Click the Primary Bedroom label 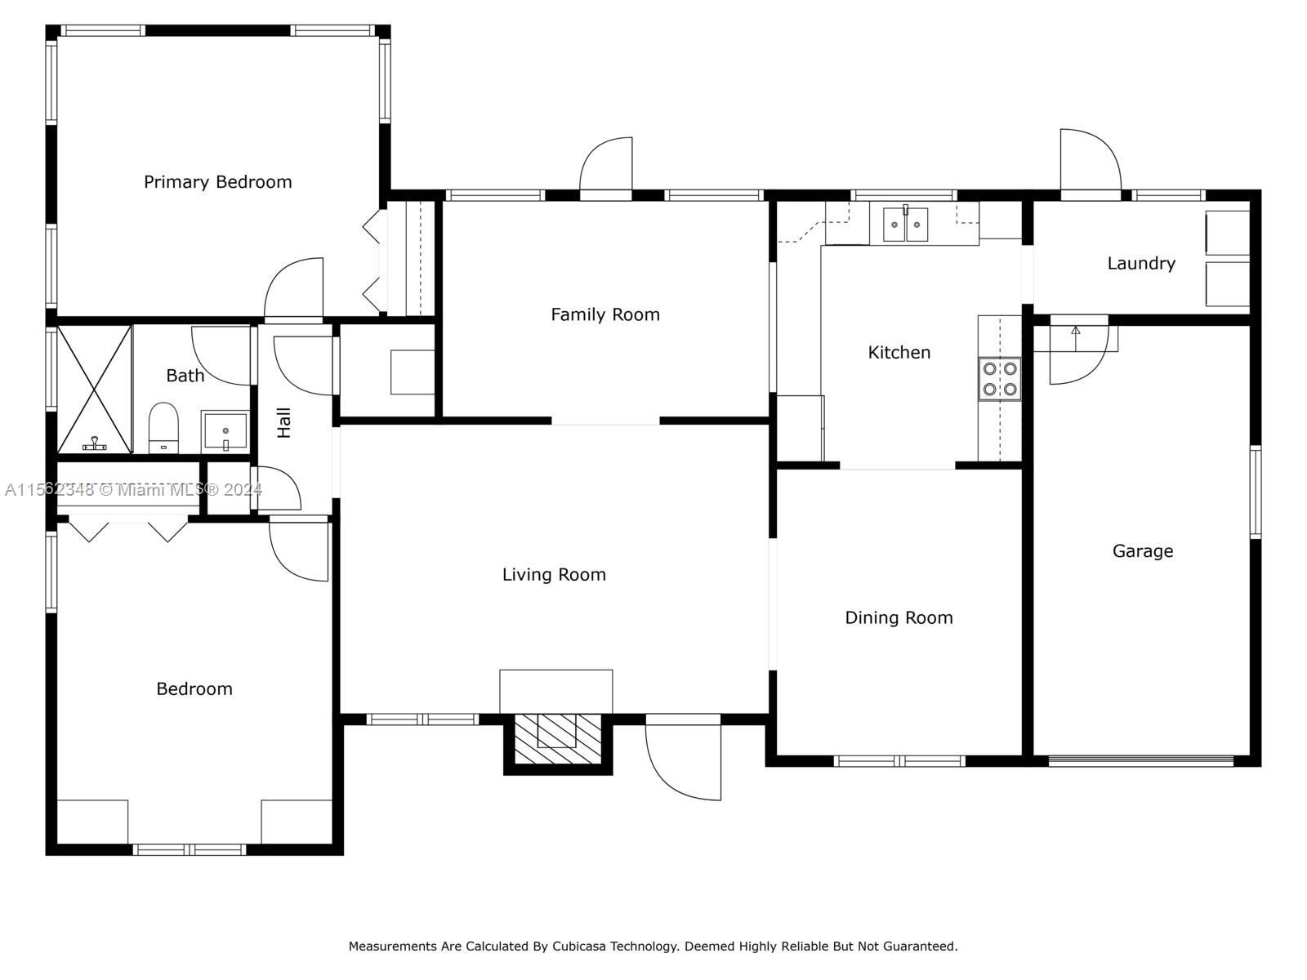pyautogui.click(x=218, y=182)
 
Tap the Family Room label pyautogui.click(x=605, y=314)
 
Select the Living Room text pyautogui.click(x=554, y=575)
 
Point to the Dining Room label pyautogui.click(x=899, y=618)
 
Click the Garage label pyautogui.click(x=1143, y=551)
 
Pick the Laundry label pyautogui.click(x=1141, y=264)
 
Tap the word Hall pyautogui.click(x=284, y=422)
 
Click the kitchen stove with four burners pyautogui.click(x=1000, y=379)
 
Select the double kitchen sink pyautogui.click(x=905, y=225)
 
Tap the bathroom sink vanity pyautogui.click(x=225, y=431)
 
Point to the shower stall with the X pyautogui.click(x=94, y=390)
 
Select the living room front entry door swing pyautogui.click(x=683, y=758)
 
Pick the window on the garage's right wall pyautogui.click(x=1256, y=492)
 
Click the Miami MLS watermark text pyautogui.click(x=133, y=490)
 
